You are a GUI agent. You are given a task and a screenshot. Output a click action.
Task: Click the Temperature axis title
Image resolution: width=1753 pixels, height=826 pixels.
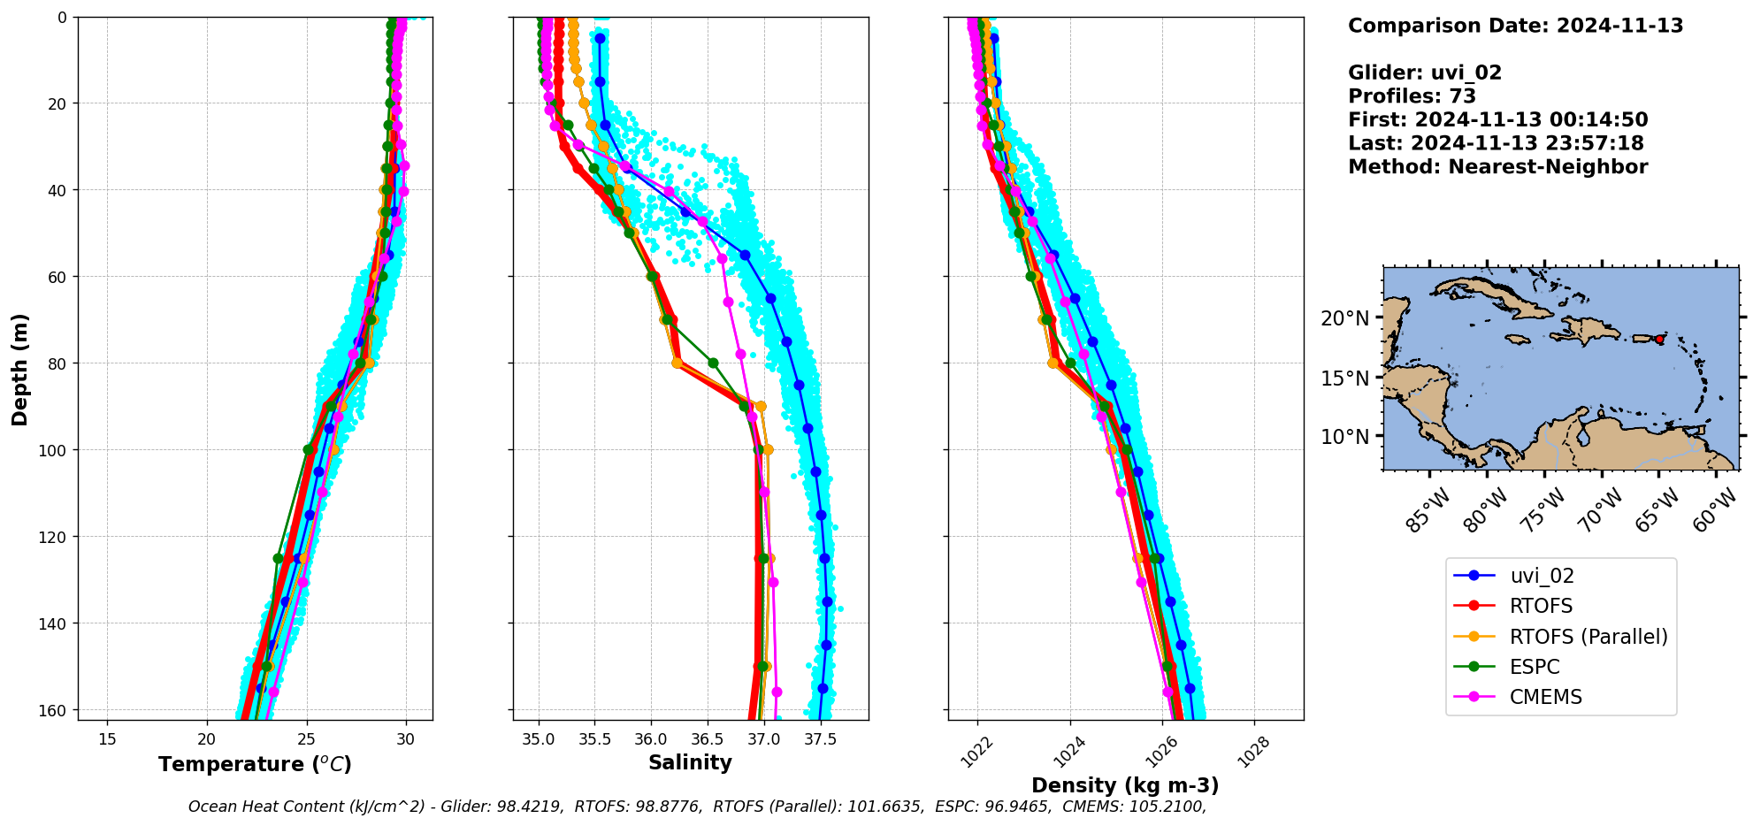pos(255,764)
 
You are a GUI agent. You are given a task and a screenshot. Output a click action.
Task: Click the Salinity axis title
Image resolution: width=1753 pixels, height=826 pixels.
pos(690,762)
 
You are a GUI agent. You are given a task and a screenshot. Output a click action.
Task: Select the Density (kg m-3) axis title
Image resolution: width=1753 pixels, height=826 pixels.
pos(1125,785)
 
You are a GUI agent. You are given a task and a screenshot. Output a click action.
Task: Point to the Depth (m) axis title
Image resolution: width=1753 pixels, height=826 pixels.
pos(19,369)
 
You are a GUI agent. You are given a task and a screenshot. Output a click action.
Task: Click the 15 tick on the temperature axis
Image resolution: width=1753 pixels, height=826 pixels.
pos(107,739)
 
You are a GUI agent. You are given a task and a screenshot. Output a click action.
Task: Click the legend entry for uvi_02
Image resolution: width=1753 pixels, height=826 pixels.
pos(1542,577)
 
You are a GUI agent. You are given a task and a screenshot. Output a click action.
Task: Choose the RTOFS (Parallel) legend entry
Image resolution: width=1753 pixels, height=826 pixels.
pos(1588,637)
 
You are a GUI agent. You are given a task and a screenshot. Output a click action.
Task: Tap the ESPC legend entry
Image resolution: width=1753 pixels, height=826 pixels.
pos(1535,667)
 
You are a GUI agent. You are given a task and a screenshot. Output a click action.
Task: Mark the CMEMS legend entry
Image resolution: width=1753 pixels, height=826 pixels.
pos(1545,697)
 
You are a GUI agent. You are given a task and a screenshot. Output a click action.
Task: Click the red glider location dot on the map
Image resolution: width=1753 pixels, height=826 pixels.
pos(1659,340)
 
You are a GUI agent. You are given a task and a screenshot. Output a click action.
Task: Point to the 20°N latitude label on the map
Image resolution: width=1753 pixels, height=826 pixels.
pos(1344,318)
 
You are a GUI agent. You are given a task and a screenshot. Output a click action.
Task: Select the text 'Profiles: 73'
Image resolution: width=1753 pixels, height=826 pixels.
pos(1412,96)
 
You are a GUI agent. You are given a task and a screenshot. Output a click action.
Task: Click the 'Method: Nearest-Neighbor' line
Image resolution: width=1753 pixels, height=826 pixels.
pos(1497,167)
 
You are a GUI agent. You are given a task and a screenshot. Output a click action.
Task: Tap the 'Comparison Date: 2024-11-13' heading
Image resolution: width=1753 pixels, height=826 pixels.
pos(1515,26)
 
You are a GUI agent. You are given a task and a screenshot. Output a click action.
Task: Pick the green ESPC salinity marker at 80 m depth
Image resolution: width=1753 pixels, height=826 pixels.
pos(713,363)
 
